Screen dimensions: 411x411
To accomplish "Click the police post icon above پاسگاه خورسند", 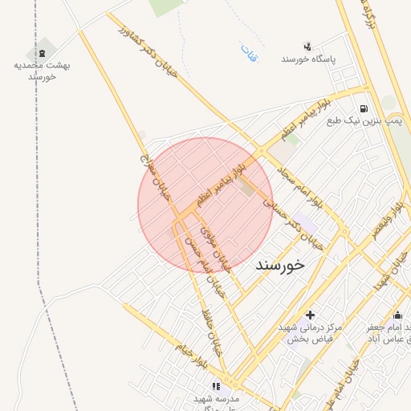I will (x=307, y=47).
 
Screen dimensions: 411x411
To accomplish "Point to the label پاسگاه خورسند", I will (x=307, y=60).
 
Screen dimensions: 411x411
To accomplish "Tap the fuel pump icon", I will (x=364, y=108).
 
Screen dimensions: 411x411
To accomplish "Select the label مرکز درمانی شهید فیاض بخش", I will (x=311, y=334).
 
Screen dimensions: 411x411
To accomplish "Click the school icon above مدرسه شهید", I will (x=215, y=386).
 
